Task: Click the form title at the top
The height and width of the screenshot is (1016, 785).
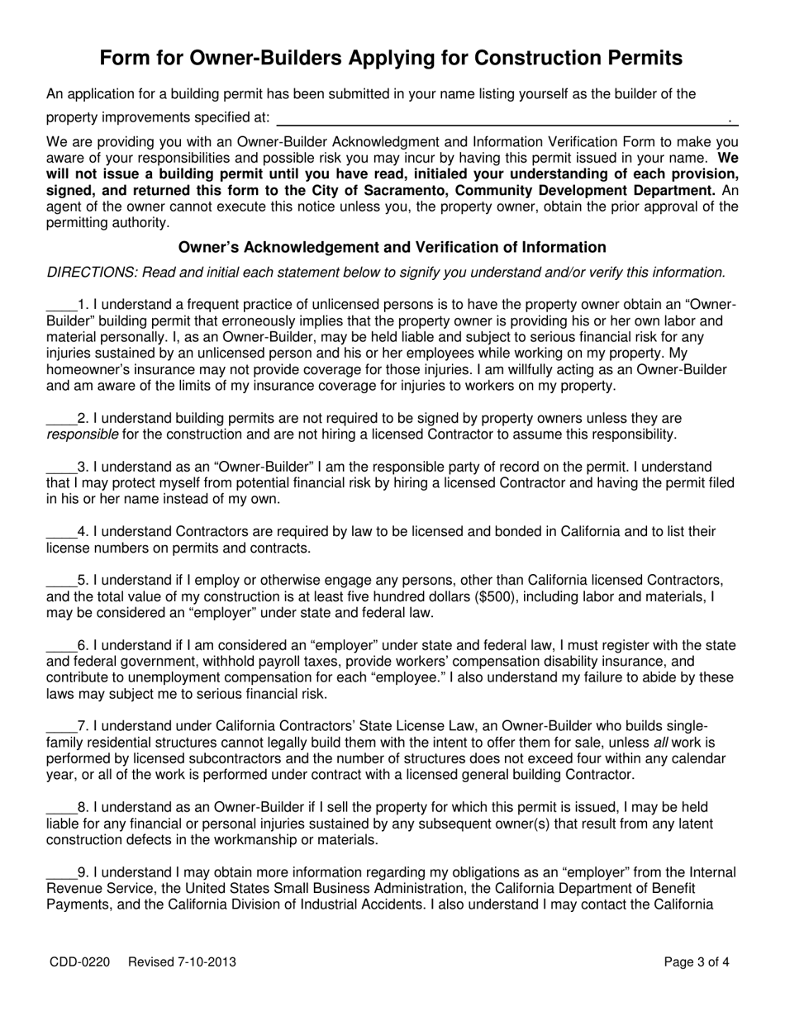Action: (392, 58)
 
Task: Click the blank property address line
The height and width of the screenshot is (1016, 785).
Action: (506, 118)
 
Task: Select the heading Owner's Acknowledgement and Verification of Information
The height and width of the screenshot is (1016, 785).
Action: (392, 247)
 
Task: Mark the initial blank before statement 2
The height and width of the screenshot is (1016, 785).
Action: (61, 419)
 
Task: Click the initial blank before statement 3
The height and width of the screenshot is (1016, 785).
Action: (61, 468)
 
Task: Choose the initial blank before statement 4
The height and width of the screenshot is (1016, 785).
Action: (61, 531)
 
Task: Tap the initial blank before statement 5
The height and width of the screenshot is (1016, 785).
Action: (61, 580)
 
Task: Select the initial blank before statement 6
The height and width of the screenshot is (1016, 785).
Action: (61, 645)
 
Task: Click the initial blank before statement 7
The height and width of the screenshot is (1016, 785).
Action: (61, 726)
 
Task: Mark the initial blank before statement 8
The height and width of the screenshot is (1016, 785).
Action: (61, 807)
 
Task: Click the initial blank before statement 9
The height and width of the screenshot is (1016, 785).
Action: (61, 872)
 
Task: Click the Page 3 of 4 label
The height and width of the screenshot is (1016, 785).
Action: (697, 961)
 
